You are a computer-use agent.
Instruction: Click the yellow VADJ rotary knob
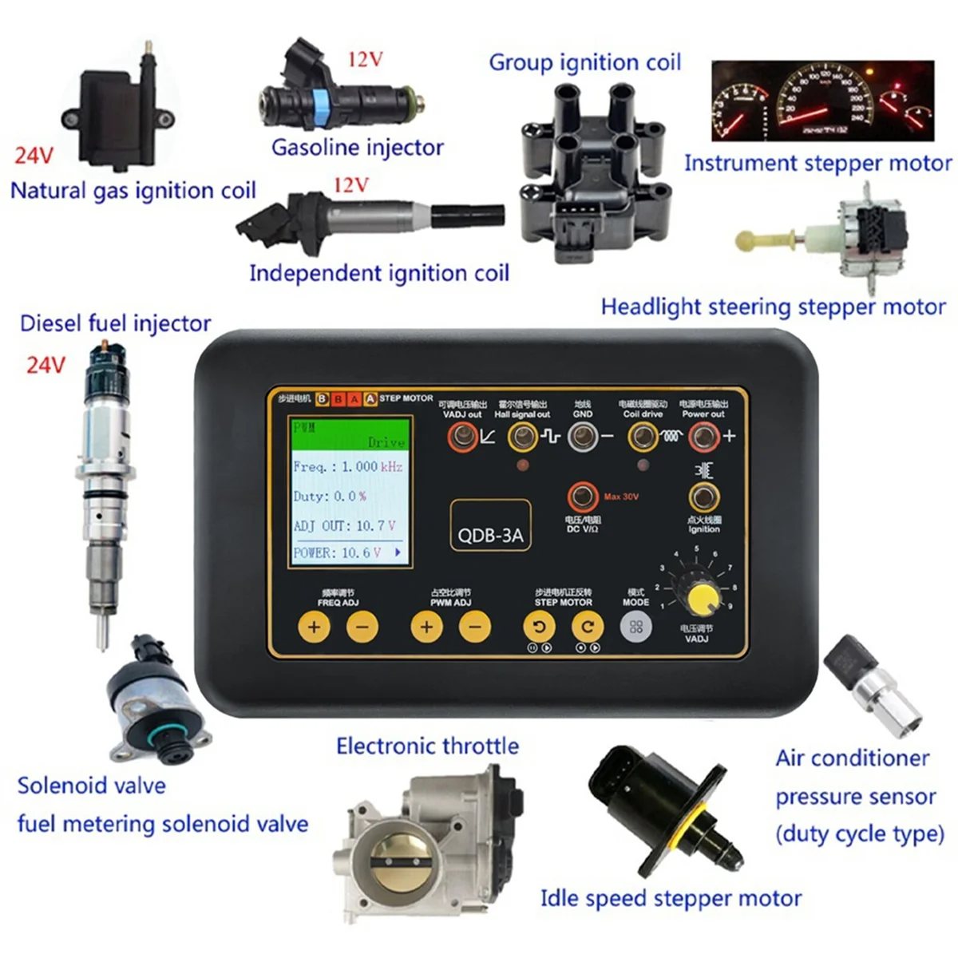tap(702, 598)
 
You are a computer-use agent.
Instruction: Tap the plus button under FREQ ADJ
tap(314, 627)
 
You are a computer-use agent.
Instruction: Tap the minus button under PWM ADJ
tap(475, 627)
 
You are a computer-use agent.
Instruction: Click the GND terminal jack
tap(583, 437)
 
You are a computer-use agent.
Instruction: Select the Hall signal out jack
tap(522, 437)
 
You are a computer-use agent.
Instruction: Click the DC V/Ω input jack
tap(583, 498)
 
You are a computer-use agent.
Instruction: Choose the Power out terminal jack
tap(703, 437)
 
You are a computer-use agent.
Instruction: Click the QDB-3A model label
tap(490, 534)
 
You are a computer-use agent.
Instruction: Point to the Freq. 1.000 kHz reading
tap(348, 467)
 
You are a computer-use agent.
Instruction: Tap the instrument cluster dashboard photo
tap(822, 101)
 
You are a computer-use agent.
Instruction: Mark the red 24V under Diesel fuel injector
tap(46, 366)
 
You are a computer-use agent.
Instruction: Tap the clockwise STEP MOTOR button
tap(588, 627)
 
